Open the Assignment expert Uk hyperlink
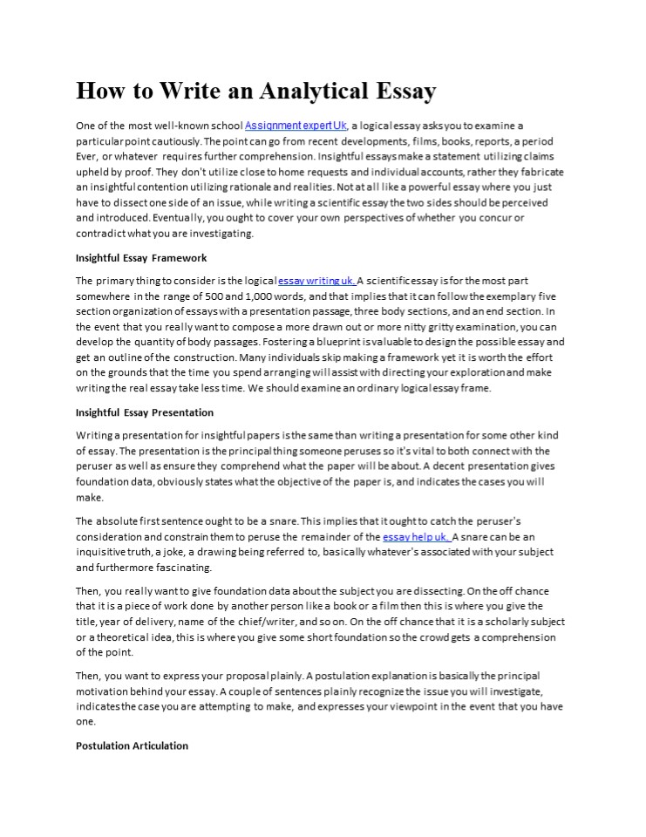coord(296,126)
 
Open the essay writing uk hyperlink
coord(316,281)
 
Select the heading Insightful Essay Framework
coord(141,258)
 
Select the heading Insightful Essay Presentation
coord(145,412)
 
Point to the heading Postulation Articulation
coord(132,746)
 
